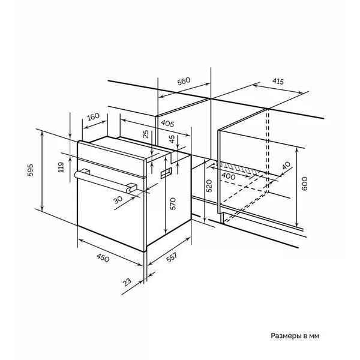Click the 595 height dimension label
pyautogui.click(x=31, y=170)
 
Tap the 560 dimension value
pyautogui.click(x=184, y=81)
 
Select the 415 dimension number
pyautogui.click(x=278, y=81)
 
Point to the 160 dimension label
pyautogui.click(x=94, y=116)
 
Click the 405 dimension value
pyautogui.click(x=167, y=123)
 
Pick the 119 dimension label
pyautogui.click(x=61, y=167)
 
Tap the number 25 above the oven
pyautogui.click(x=146, y=134)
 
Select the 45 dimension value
pyautogui.click(x=172, y=139)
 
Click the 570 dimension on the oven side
pyautogui.click(x=173, y=203)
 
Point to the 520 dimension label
pyautogui.click(x=209, y=186)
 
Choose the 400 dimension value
pyautogui.click(x=228, y=176)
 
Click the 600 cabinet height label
pyautogui.click(x=304, y=184)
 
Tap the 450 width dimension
pyautogui.click(x=103, y=257)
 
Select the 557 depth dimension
pyautogui.click(x=172, y=257)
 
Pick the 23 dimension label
pyautogui.click(x=127, y=282)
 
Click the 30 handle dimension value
pyautogui.click(x=118, y=200)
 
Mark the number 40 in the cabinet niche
pyautogui.click(x=286, y=166)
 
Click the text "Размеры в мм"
pyautogui.click(x=295, y=336)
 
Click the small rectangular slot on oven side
pyautogui.click(x=166, y=173)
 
